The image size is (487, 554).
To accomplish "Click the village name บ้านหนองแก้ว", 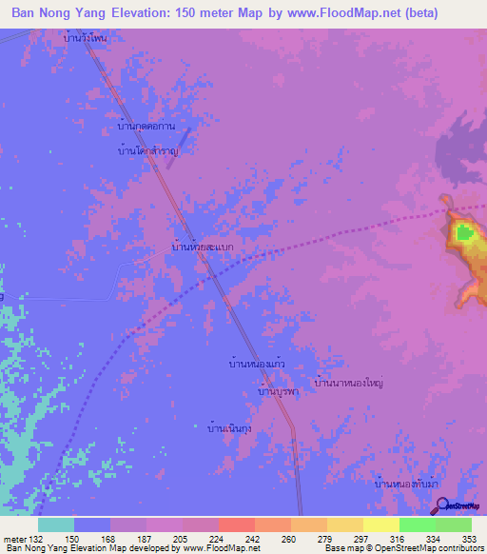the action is click(x=258, y=364).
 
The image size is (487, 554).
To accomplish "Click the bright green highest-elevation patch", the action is click(x=464, y=231).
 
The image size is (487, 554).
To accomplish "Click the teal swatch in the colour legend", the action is click(x=56, y=524).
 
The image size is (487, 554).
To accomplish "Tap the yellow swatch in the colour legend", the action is click(x=380, y=524).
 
